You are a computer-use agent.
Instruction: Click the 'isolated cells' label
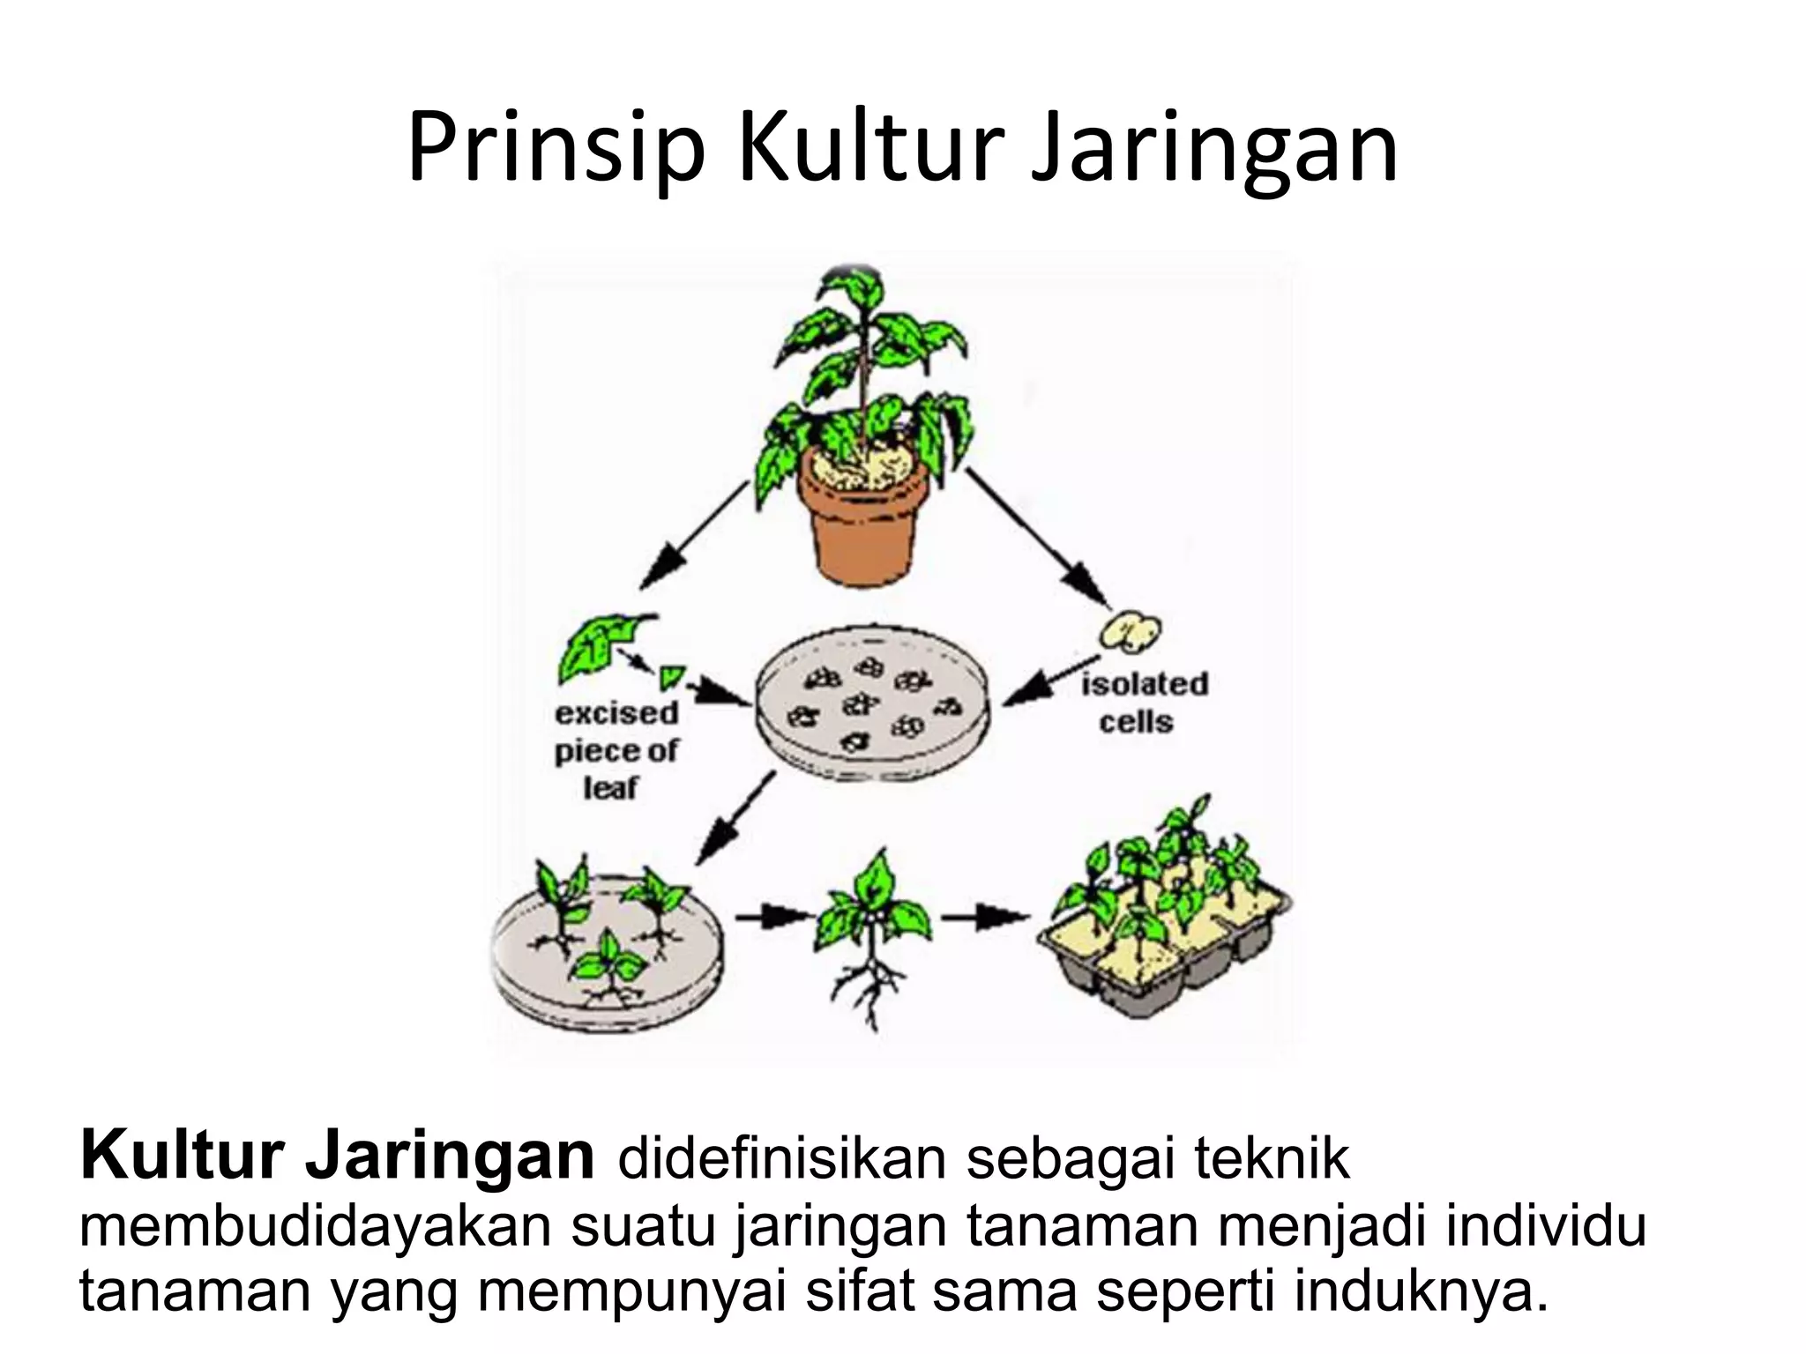[1144, 703]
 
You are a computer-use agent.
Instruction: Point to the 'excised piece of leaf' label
[616, 750]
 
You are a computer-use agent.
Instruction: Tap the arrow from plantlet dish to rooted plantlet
[774, 917]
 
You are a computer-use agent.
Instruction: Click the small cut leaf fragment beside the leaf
[673, 676]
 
